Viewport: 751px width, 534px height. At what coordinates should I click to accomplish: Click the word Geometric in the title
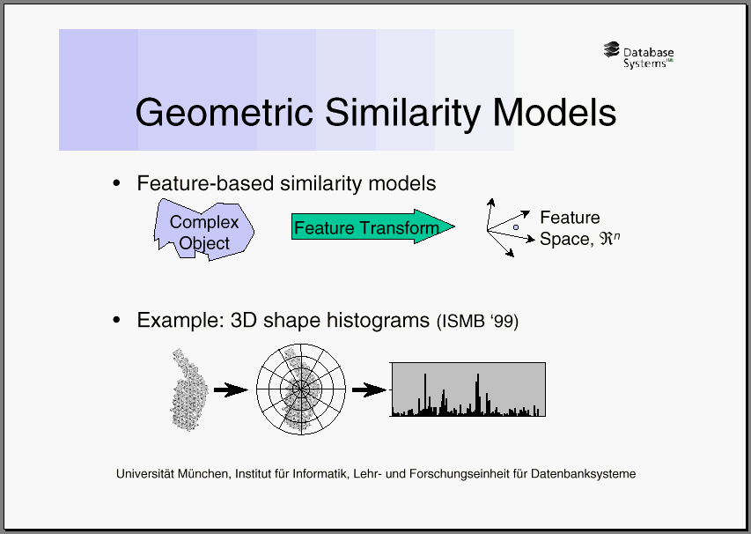(225, 113)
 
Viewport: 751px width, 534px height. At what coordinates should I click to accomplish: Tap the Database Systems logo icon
(612, 50)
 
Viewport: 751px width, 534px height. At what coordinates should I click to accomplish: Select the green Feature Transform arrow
(373, 226)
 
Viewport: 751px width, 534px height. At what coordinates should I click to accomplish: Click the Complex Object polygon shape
(204, 230)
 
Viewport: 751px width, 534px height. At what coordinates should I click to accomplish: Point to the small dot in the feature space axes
(516, 227)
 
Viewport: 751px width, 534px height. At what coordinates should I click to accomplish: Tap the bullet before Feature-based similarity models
(116, 183)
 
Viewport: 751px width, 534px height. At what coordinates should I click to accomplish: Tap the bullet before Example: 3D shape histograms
(116, 320)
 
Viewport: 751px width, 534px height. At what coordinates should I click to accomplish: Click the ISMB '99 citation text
(477, 321)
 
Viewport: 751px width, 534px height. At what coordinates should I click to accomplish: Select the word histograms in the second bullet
(378, 320)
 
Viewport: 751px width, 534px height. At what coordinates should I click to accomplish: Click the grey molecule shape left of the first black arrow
(189, 389)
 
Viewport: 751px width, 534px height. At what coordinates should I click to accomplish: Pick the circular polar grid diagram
(301, 389)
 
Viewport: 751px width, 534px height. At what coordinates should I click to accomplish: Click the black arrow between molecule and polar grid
(231, 390)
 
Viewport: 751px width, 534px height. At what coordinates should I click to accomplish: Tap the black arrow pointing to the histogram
(369, 389)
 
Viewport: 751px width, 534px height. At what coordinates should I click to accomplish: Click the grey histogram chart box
(468, 389)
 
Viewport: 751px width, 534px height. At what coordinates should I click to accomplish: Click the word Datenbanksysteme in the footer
(584, 474)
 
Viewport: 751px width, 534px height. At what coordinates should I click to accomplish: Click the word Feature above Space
(570, 218)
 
